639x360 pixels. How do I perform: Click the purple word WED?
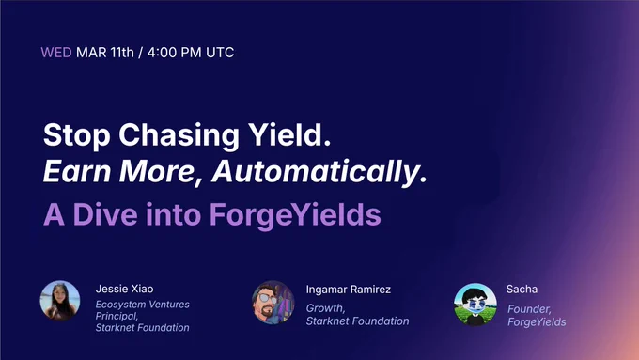click(x=56, y=53)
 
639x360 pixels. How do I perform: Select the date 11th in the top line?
click(x=122, y=53)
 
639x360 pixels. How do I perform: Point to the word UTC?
click(x=220, y=53)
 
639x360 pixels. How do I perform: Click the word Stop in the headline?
click(x=77, y=135)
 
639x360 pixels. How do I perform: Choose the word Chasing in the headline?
click(x=179, y=135)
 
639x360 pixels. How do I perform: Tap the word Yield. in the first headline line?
click(x=289, y=134)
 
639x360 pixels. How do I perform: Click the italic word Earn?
click(x=77, y=171)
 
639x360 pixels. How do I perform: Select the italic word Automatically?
click(x=319, y=172)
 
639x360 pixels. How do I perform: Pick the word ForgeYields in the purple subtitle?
click(x=295, y=215)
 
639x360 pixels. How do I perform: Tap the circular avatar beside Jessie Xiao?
click(x=60, y=300)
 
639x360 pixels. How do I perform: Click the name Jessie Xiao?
click(x=124, y=289)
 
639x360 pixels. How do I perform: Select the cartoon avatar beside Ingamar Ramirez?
click(x=273, y=302)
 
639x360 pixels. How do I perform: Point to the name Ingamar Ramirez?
click(x=349, y=290)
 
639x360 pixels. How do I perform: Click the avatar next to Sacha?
click(x=475, y=305)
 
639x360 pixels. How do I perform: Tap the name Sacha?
click(x=522, y=290)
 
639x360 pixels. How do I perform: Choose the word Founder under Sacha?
click(x=529, y=309)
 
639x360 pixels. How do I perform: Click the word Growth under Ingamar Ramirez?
click(x=326, y=308)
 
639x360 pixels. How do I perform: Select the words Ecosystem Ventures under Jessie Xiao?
click(x=142, y=305)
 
